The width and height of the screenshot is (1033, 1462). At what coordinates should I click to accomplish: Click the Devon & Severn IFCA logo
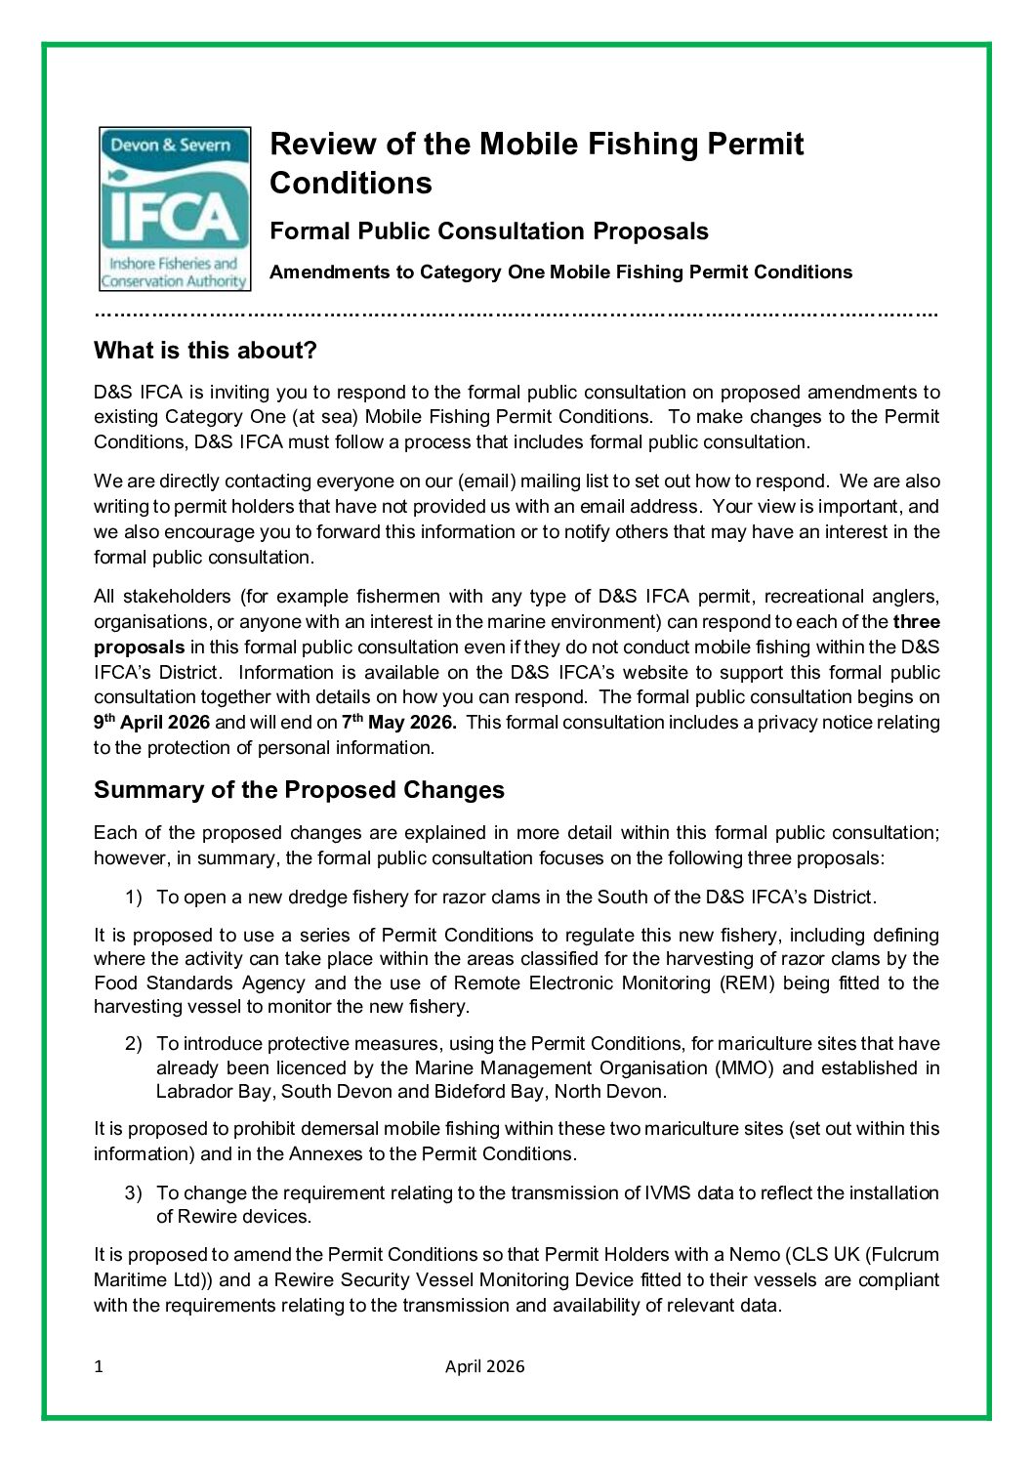[174, 208]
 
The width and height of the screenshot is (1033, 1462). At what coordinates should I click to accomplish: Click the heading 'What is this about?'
[205, 350]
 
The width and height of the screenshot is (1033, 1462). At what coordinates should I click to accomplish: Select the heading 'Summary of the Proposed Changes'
[299, 789]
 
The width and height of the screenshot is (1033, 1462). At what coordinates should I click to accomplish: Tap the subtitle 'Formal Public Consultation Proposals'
[488, 231]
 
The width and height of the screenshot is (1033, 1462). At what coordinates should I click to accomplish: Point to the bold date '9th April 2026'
[151, 723]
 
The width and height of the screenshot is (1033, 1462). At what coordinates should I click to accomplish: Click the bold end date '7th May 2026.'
[399, 723]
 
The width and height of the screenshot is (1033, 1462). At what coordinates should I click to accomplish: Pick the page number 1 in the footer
[99, 1366]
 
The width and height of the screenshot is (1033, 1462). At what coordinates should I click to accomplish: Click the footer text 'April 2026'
[484, 1366]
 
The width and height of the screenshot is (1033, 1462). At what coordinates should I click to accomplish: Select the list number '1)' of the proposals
[134, 897]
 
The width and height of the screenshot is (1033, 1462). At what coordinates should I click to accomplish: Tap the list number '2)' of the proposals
[134, 1043]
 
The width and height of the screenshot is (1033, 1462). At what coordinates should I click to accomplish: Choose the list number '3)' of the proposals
[134, 1192]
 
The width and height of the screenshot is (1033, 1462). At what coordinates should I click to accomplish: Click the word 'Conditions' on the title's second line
[350, 183]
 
